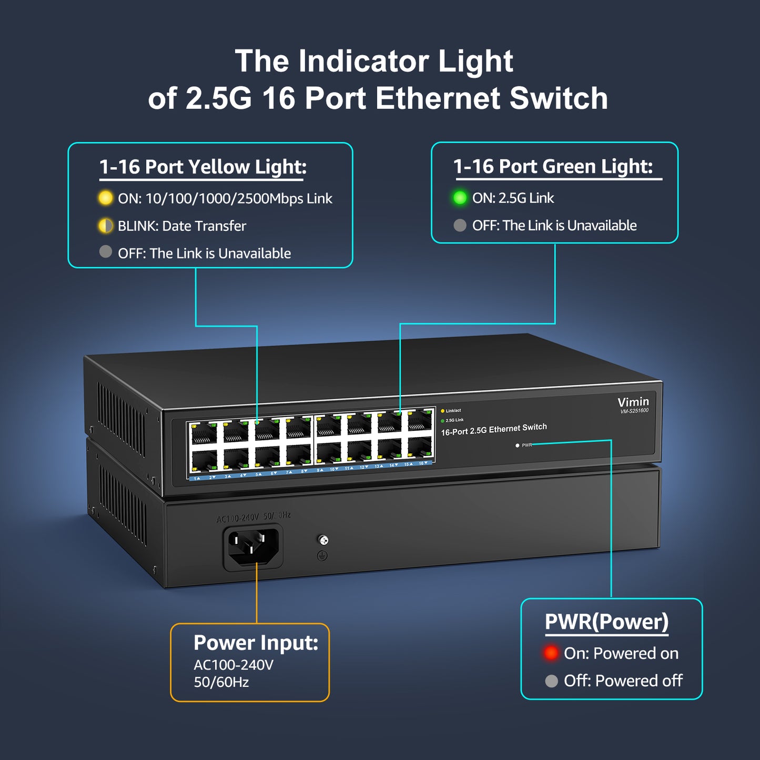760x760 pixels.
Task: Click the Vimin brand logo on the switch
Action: [x=633, y=402]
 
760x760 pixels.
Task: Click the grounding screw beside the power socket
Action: [x=323, y=540]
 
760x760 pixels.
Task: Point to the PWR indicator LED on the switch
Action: [x=518, y=445]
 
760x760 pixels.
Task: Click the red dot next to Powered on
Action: [x=551, y=653]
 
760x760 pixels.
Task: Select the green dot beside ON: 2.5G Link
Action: [x=460, y=198]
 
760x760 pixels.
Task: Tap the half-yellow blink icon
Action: [x=106, y=226]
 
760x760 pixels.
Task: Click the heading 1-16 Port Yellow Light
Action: [x=202, y=167]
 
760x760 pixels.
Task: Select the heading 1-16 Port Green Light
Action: [x=553, y=166]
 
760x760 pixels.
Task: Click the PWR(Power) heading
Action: [x=606, y=622]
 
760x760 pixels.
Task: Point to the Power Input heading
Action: [x=256, y=643]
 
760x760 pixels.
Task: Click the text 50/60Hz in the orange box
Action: [x=221, y=682]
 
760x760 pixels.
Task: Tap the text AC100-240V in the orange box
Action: [x=233, y=665]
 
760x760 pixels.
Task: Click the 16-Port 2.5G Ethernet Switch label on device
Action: [x=493, y=429]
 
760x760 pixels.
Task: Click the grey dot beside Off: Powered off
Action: [x=551, y=681]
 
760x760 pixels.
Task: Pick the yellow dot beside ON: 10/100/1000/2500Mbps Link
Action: [x=106, y=198]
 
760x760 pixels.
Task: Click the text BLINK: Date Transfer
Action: [x=181, y=226]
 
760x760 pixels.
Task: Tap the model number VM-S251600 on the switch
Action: [x=634, y=411]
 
